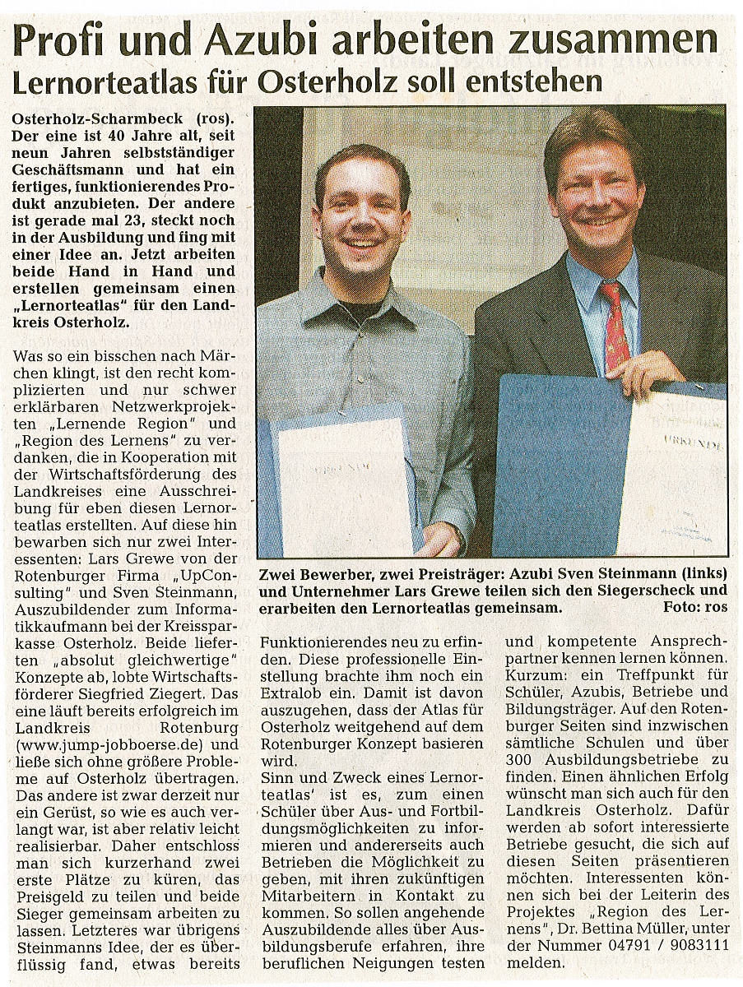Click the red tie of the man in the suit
tap(615, 325)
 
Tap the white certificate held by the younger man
tap(346, 485)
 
